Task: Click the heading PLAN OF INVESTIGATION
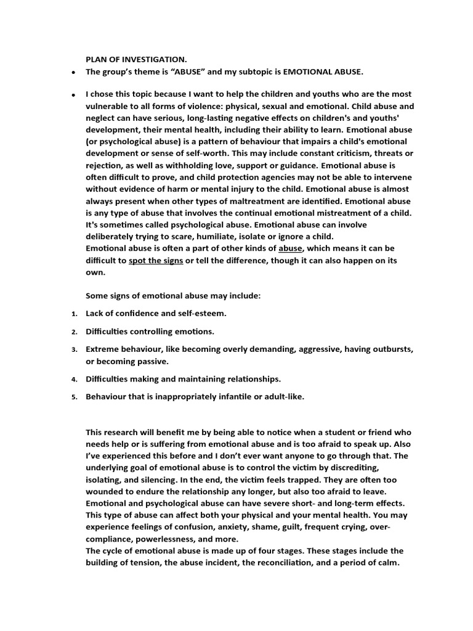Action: tap(135, 59)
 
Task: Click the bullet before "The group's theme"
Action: tap(73, 73)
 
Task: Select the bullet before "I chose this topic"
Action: tap(73, 95)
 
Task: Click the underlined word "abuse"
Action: tap(290, 248)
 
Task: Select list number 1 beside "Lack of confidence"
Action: tap(73, 314)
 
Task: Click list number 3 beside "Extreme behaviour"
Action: tap(73, 350)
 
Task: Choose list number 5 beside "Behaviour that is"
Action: tap(73, 397)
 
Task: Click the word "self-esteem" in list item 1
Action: tap(203, 314)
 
